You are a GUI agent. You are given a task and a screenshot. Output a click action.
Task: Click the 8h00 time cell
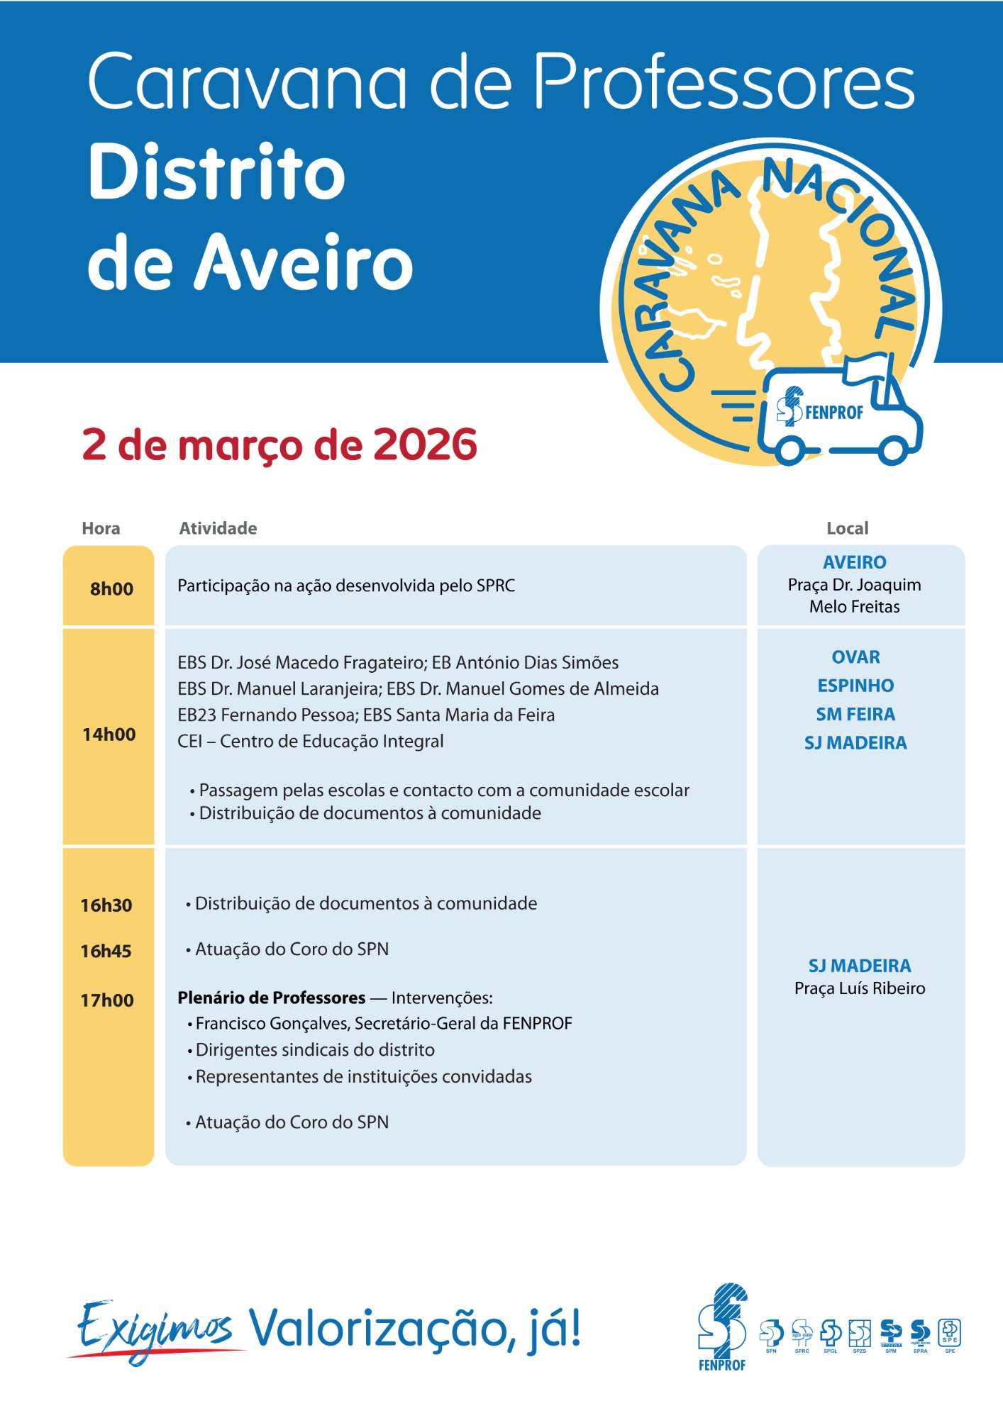[111, 588]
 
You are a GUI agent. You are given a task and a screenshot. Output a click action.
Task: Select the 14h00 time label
[109, 735]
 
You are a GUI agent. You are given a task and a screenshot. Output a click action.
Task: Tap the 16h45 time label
[106, 951]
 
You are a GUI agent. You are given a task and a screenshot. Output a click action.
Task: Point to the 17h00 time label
[107, 1000]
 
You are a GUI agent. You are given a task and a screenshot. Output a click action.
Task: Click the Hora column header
[101, 528]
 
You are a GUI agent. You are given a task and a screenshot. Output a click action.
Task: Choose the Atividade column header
[218, 528]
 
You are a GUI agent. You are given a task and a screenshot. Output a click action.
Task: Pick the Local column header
[847, 528]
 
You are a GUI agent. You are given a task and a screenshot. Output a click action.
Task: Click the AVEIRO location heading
[855, 562]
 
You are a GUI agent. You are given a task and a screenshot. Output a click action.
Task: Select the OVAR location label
[855, 657]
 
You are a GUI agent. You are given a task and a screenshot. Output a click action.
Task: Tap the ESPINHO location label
[855, 686]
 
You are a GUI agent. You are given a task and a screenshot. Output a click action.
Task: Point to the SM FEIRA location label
[855, 714]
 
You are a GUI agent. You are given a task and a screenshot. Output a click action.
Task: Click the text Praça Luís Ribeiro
[860, 988]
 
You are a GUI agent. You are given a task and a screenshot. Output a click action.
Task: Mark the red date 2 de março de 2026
[279, 445]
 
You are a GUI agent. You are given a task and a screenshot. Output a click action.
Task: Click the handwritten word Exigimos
[155, 1329]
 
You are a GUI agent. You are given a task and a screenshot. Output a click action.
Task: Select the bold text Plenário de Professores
[271, 998]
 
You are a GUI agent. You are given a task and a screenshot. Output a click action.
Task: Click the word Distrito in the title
[216, 172]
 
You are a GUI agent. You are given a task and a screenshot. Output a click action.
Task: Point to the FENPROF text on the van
[834, 412]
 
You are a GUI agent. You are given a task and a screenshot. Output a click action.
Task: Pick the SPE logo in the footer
[950, 1332]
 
